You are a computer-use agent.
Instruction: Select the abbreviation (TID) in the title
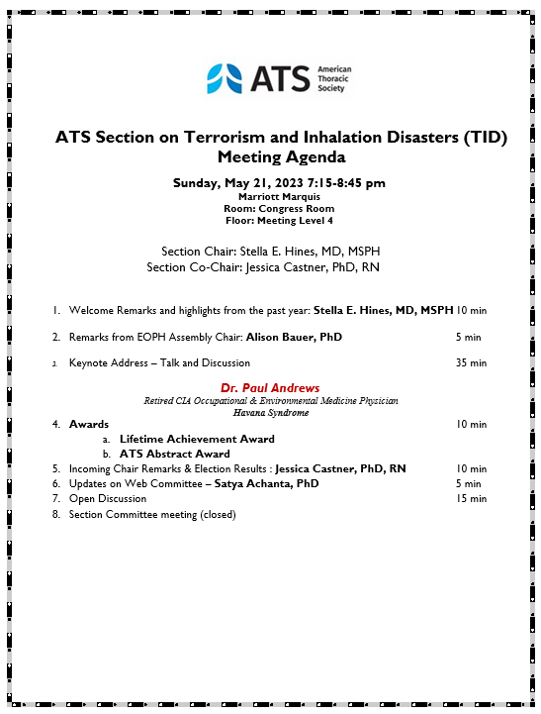coord(484,138)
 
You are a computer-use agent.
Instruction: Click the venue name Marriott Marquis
coord(280,196)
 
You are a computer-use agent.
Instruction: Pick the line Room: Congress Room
coord(280,208)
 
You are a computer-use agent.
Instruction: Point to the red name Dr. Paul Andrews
coord(269,387)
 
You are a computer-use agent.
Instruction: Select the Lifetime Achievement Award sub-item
coord(197,439)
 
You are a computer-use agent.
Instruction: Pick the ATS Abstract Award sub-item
coord(175,454)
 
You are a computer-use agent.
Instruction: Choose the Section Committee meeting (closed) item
coord(152,514)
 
